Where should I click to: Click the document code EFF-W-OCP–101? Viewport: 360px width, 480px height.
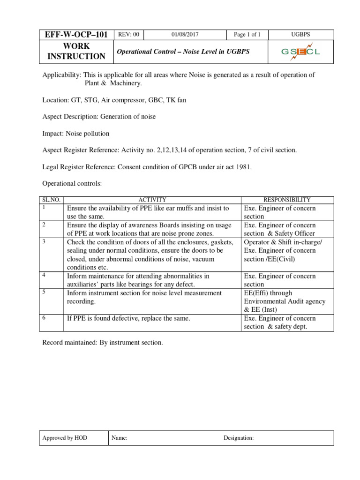pyautogui.click(x=69, y=35)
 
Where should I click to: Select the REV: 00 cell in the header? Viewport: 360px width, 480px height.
pyautogui.click(x=129, y=35)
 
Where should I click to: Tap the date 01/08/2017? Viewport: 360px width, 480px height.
pyautogui.click(x=185, y=35)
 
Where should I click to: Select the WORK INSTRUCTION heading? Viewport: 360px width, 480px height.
pyautogui.click(x=70, y=52)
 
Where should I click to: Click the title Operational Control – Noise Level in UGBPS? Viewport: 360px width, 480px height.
pyautogui.click(x=183, y=52)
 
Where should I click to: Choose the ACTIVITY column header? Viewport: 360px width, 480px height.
pyautogui.click(x=152, y=200)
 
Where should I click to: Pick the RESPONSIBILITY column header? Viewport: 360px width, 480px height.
pyautogui.click(x=287, y=200)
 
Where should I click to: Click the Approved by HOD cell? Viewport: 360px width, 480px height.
pyautogui.click(x=65, y=438)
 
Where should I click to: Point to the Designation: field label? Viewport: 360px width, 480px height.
pyautogui.click(x=239, y=438)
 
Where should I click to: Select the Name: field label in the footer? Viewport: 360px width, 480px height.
pyautogui.click(x=120, y=438)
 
